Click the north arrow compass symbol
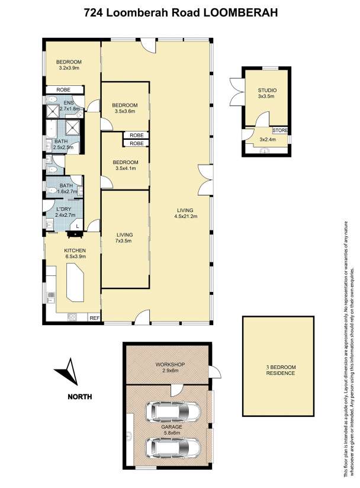pyautogui.click(x=69, y=373)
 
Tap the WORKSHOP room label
pyautogui.click(x=170, y=364)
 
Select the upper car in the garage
pyautogui.click(x=173, y=412)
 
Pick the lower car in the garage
pyautogui.click(x=173, y=448)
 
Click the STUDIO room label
pyautogui.click(x=267, y=90)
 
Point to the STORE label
pyautogui.click(x=280, y=130)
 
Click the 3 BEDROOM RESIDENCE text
pyautogui.click(x=280, y=370)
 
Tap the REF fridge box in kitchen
pyautogui.click(x=95, y=318)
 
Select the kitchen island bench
pyautogui.click(x=75, y=282)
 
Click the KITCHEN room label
pyautogui.click(x=75, y=251)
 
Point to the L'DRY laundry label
pyautogui.click(x=65, y=210)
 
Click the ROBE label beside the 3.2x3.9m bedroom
pyautogui.click(x=63, y=89)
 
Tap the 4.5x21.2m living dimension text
pyautogui.click(x=185, y=216)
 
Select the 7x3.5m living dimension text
pyautogui.click(x=124, y=241)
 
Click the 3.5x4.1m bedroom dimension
pyautogui.click(x=126, y=168)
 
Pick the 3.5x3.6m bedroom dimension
pyautogui.click(x=125, y=111)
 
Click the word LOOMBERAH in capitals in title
pyautogui.click(x=240, y=13)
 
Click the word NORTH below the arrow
pyautogui.click(x=80, y=397)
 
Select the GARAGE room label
pyautogui.click(x=172, y=427)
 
